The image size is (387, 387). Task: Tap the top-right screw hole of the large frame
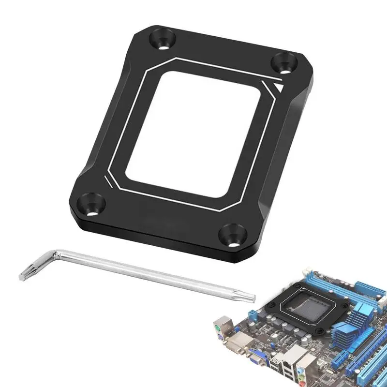point(283,63)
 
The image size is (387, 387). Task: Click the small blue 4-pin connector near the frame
point(253,315)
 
